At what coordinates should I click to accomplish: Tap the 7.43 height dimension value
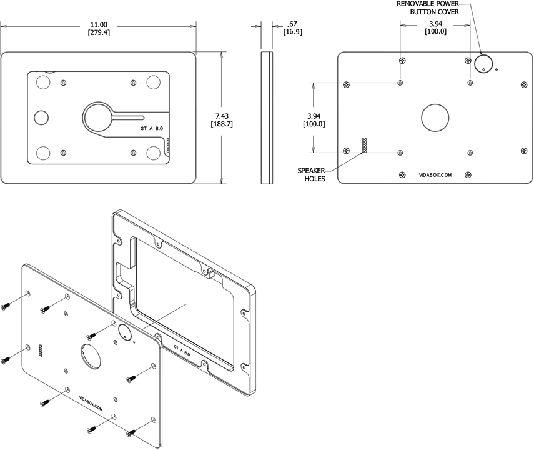[x=223, y=116]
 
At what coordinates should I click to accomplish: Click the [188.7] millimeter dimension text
[x=223, y=124]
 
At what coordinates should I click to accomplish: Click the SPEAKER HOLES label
[x=311, y=174]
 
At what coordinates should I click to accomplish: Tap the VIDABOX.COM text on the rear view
[x=435, y=176]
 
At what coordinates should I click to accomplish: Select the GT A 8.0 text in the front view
[x=152, y=127]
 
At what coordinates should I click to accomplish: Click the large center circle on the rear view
[x=435, y=117]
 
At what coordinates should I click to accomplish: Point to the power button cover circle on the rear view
[x=483, y=63]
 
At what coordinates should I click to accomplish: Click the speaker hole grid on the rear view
[x=363, y=145]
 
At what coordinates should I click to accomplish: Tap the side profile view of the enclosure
[x=267, y=117]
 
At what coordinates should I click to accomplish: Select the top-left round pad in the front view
[x=43, y=82]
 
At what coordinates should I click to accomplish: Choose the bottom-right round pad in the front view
[x=154, y=152]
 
